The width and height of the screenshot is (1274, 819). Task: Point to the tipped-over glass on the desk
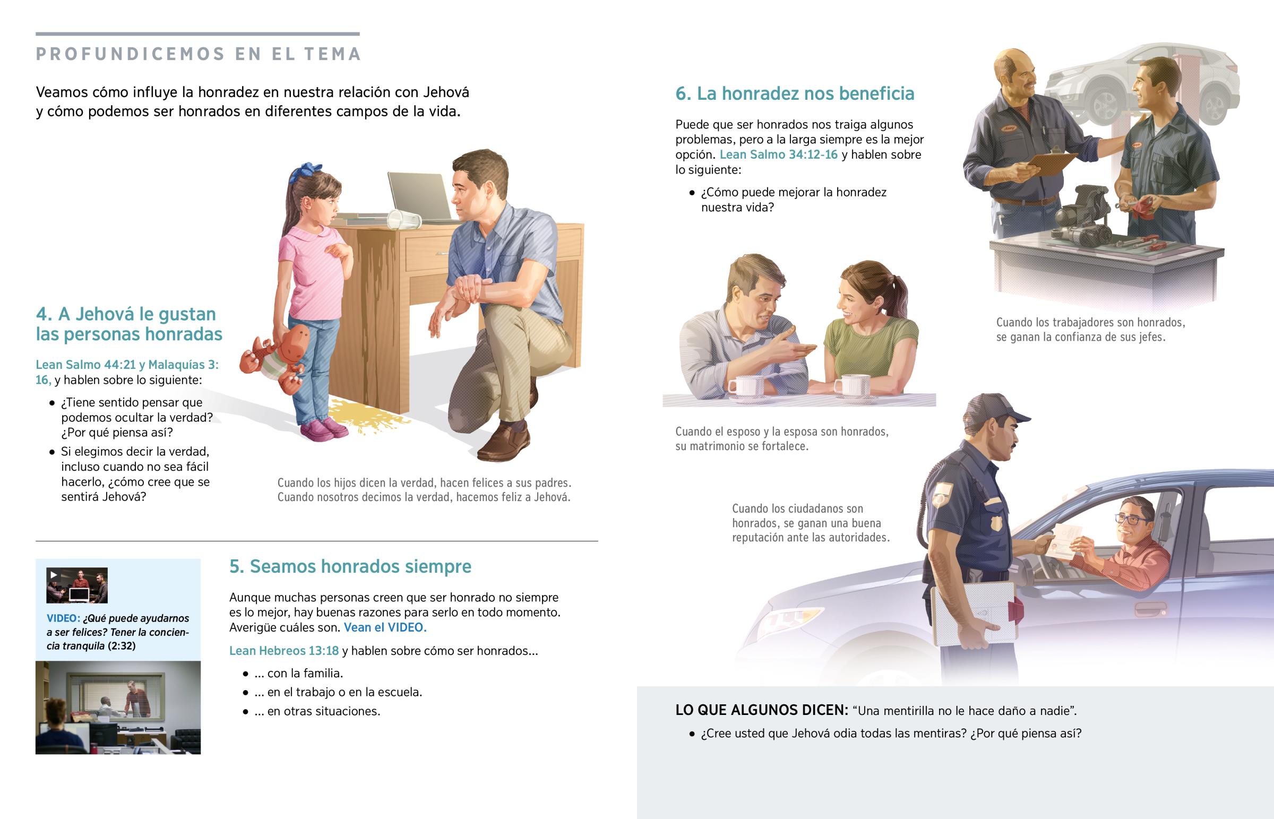click(x=403, y=219)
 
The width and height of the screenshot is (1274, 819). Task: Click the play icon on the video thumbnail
click(x=53, y=574)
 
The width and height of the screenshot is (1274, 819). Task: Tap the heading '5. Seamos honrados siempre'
click(x=350, y=566)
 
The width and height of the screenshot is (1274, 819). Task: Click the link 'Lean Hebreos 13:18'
click(x=283, y=650)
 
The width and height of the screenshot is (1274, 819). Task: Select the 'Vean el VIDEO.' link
click(x=385, y=627)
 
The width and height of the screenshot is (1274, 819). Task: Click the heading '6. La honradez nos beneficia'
click(x=794, y=93)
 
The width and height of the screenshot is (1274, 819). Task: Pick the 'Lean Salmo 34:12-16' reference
click(x=778, y=154)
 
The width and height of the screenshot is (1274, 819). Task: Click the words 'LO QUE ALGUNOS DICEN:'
click(x=761, y=711)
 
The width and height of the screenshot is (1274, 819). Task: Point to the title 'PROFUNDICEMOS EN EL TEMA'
click(x=199, y=54)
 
